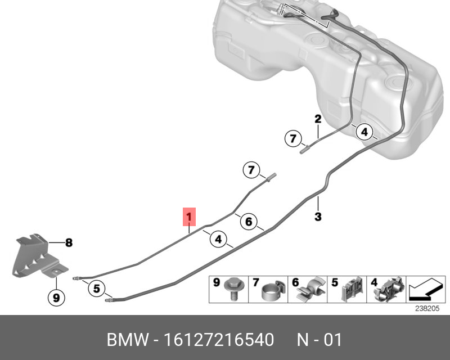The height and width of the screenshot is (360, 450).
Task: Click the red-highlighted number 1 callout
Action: [x=189, y=217]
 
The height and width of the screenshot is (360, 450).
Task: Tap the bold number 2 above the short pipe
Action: [x=318, y=119]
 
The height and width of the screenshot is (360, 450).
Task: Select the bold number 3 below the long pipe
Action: [x=318, y=217]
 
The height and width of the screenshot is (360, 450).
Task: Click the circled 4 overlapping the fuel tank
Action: [x=364, y=132]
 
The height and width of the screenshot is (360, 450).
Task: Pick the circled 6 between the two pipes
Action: [x=249, y=221]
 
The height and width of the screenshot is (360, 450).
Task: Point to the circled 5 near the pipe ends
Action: [x=97, y=288]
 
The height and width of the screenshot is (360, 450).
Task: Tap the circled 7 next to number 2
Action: [x=292, y=139]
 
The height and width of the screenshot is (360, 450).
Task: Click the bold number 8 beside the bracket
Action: [x=69, y=243]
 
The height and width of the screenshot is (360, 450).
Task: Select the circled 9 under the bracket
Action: [x=56, y=298]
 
